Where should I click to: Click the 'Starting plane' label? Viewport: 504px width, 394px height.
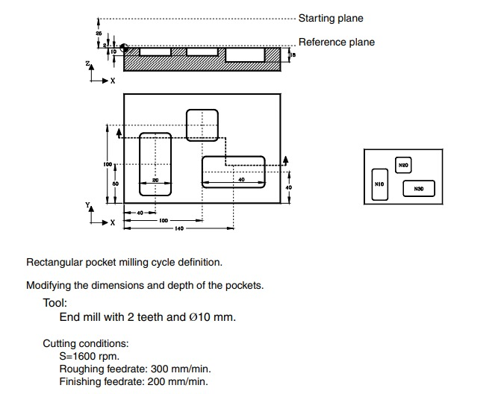coord(331,18)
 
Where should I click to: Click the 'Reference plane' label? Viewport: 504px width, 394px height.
coord(336,43)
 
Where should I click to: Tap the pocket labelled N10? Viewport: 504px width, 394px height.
coord(379,184)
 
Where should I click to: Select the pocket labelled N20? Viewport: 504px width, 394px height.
coord(403,165)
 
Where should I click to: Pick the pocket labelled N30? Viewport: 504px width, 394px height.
coord(418,189)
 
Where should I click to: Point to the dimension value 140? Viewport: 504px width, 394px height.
coord(179,228)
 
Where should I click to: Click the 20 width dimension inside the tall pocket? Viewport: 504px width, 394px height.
coord(155,180)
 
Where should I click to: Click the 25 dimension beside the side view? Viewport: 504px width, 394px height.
coord(99,34)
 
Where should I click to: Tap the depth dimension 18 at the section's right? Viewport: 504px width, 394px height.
coord(293,54)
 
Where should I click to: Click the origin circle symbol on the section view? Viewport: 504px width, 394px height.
coord(124,48)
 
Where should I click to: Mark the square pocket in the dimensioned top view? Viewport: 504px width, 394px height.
coord(202,125)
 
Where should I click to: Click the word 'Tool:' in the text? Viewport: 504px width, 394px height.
coord(55,303)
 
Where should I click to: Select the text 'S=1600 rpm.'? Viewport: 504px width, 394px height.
coord(89,356)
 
